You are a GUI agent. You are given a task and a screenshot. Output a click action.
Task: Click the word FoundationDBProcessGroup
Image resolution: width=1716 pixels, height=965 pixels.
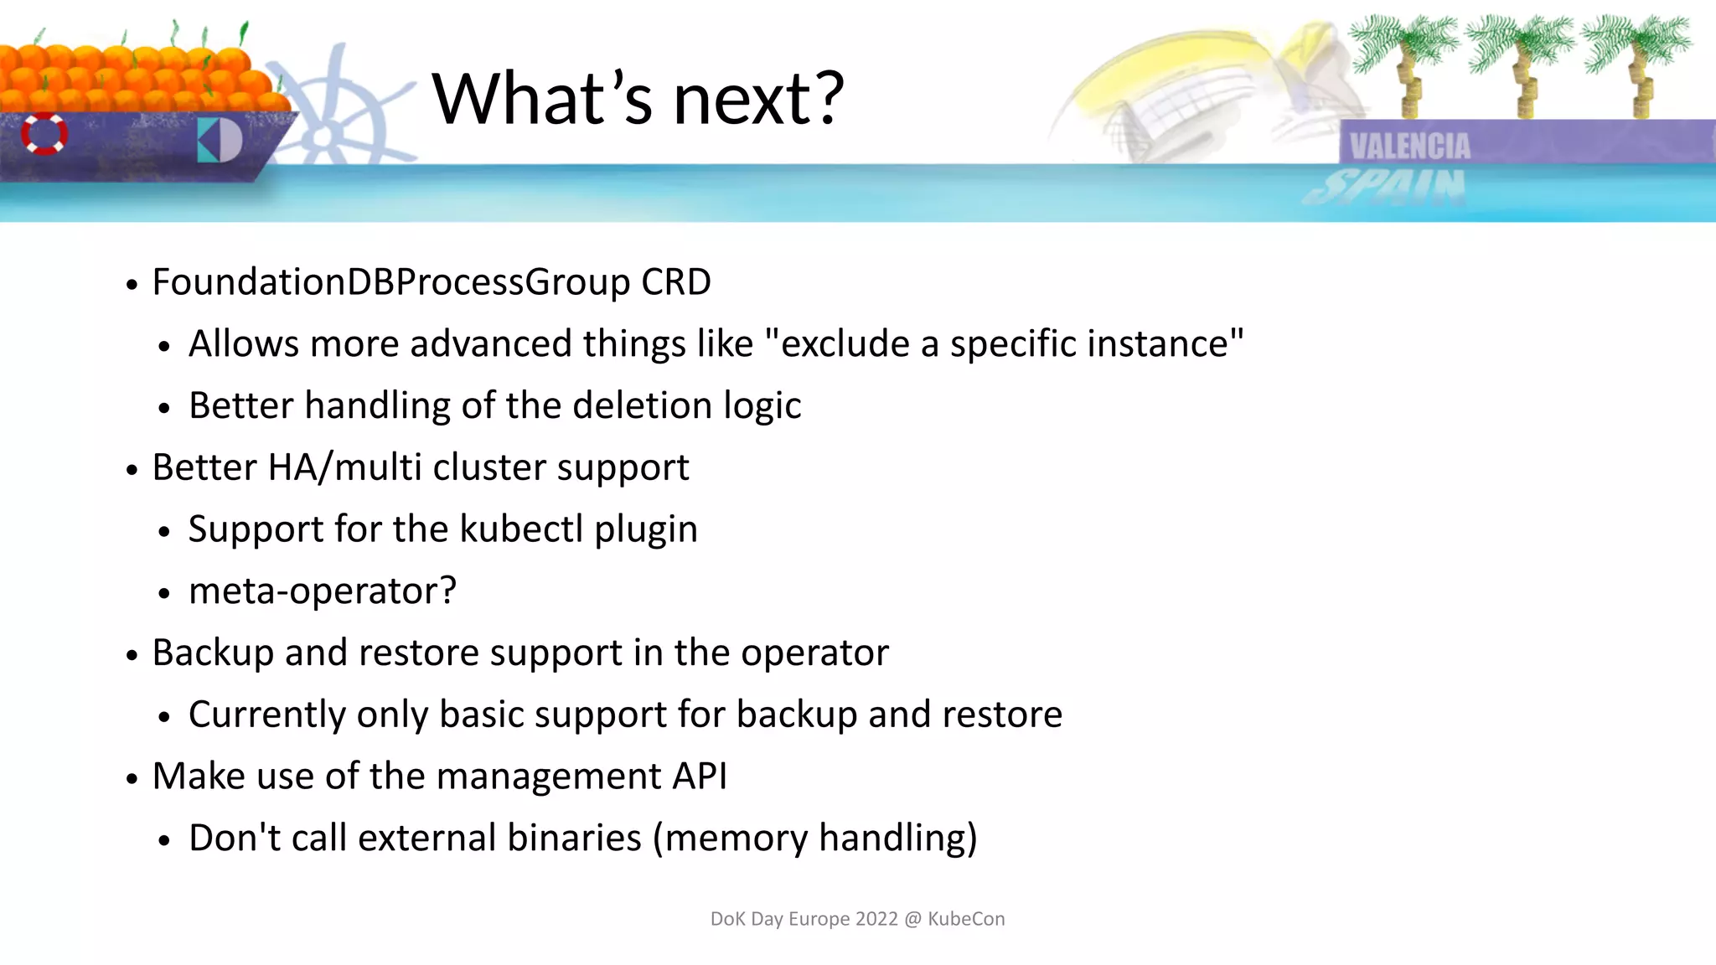coord(390,282)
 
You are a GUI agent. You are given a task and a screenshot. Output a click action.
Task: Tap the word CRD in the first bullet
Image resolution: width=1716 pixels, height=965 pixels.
coord(675,282)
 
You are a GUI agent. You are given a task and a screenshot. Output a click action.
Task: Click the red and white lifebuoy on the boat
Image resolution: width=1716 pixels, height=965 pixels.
coord(44,134)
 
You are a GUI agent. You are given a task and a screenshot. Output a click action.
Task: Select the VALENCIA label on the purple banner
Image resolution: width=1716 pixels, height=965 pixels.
coord(1409,147)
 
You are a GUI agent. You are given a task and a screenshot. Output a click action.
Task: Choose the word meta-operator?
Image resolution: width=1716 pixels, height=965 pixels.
coord(323,591)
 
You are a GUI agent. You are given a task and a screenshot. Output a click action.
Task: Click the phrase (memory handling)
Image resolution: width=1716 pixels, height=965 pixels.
coord(814,838)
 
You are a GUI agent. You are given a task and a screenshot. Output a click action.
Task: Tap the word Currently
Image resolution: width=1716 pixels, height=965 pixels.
coord(266,715)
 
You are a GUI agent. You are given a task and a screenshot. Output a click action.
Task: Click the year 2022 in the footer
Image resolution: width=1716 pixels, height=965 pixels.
coord(876,919)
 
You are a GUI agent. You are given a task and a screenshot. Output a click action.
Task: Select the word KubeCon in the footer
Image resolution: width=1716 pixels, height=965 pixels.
coord(966,919)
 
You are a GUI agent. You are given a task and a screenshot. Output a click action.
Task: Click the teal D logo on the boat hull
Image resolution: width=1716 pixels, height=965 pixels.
coord(220,141)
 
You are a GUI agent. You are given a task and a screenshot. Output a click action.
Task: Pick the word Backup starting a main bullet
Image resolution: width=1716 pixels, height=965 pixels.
coord(213,653)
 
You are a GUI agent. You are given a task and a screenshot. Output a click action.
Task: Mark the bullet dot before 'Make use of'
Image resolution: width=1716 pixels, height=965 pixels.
coord(132,779)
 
